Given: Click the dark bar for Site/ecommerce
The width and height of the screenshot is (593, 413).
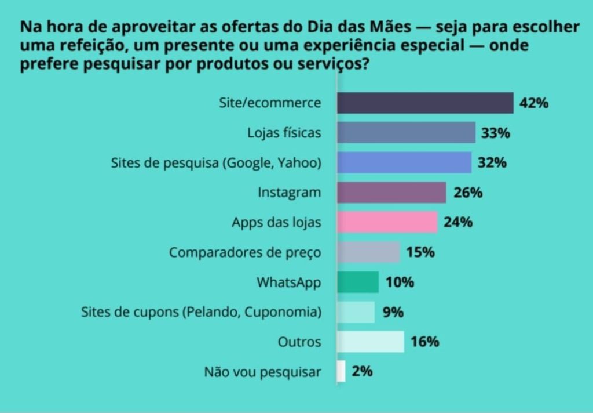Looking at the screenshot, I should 424,103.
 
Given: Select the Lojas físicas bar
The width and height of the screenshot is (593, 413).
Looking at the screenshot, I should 405,133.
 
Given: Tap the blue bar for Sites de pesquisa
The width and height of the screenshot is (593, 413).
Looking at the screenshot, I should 404,162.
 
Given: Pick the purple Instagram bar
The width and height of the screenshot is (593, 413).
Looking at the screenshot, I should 391,193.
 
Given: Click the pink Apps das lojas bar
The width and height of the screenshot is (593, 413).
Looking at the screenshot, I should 386,222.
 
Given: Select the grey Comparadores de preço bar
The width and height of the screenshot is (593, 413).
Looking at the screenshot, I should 368,252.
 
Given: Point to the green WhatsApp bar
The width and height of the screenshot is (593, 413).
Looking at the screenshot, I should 357,282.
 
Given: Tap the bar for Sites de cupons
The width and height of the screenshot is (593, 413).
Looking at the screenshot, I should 356,312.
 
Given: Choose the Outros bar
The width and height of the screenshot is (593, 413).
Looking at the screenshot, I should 370,342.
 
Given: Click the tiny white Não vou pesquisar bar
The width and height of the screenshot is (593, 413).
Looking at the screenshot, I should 341,371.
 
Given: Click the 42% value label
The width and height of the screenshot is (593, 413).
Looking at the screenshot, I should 533,103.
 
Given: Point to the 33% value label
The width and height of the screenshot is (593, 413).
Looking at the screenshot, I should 495,133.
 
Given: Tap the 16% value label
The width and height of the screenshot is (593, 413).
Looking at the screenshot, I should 424,342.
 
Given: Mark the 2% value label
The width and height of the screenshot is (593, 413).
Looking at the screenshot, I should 362,371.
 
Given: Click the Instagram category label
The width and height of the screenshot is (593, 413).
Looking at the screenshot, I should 289,193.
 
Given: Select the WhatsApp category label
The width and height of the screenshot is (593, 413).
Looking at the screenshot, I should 288,282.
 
